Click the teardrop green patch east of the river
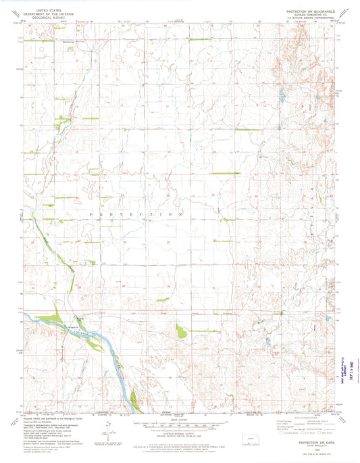click(x=180, y=331)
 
